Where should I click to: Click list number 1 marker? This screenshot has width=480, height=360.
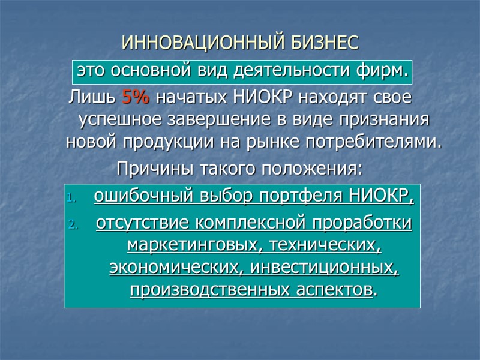tap(71, 197)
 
